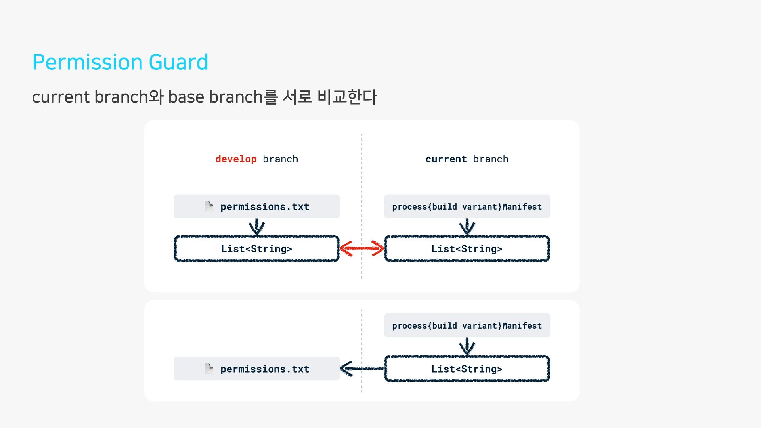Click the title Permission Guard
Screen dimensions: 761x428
pos(120,62)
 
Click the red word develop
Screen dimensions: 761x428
pos(236,159)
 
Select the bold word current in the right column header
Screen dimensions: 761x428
pos(446,159)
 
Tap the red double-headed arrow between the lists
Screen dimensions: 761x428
pos(362,248)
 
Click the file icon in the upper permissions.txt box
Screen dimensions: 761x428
pos(209,206)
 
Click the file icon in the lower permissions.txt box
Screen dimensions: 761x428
pos(209,369)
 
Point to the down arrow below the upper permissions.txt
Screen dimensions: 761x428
pos(257,227)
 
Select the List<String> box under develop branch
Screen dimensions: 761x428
pos(257,248)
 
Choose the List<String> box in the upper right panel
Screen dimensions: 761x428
pos(467,248)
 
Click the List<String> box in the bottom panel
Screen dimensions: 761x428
pos(467,369)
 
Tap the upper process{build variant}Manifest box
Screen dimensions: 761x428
pos(467,206)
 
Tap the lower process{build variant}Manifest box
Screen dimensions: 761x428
pos(467,325)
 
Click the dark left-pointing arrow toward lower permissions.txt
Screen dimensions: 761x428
pos(362,369)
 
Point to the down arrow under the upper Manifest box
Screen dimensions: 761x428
pos(467,227)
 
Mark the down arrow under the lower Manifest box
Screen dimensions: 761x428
pos(467,346)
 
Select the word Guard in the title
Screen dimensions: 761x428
pos(178,62)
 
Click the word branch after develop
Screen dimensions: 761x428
pos(280,159)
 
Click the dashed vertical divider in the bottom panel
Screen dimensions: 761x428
pos(362,351)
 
